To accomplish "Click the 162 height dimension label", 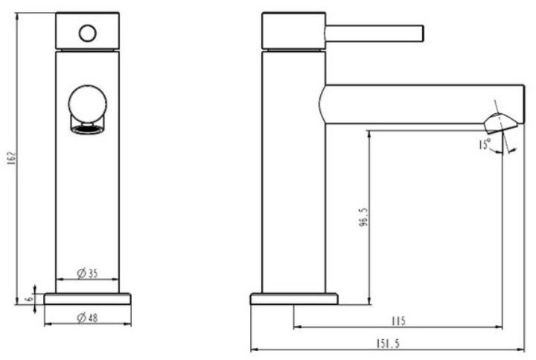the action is click(x=12, y=158).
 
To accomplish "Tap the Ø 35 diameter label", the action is click(x=88, y=273).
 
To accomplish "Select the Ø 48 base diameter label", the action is click(x=88, y=318).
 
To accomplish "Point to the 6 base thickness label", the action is click(x=29, y=298).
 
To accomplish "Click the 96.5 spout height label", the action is click(x=364, y=218).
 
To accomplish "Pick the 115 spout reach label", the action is click(x=398, y=321).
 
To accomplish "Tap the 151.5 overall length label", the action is click(x=388, y=344).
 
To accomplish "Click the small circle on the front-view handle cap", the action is click(x=88, y=33).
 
